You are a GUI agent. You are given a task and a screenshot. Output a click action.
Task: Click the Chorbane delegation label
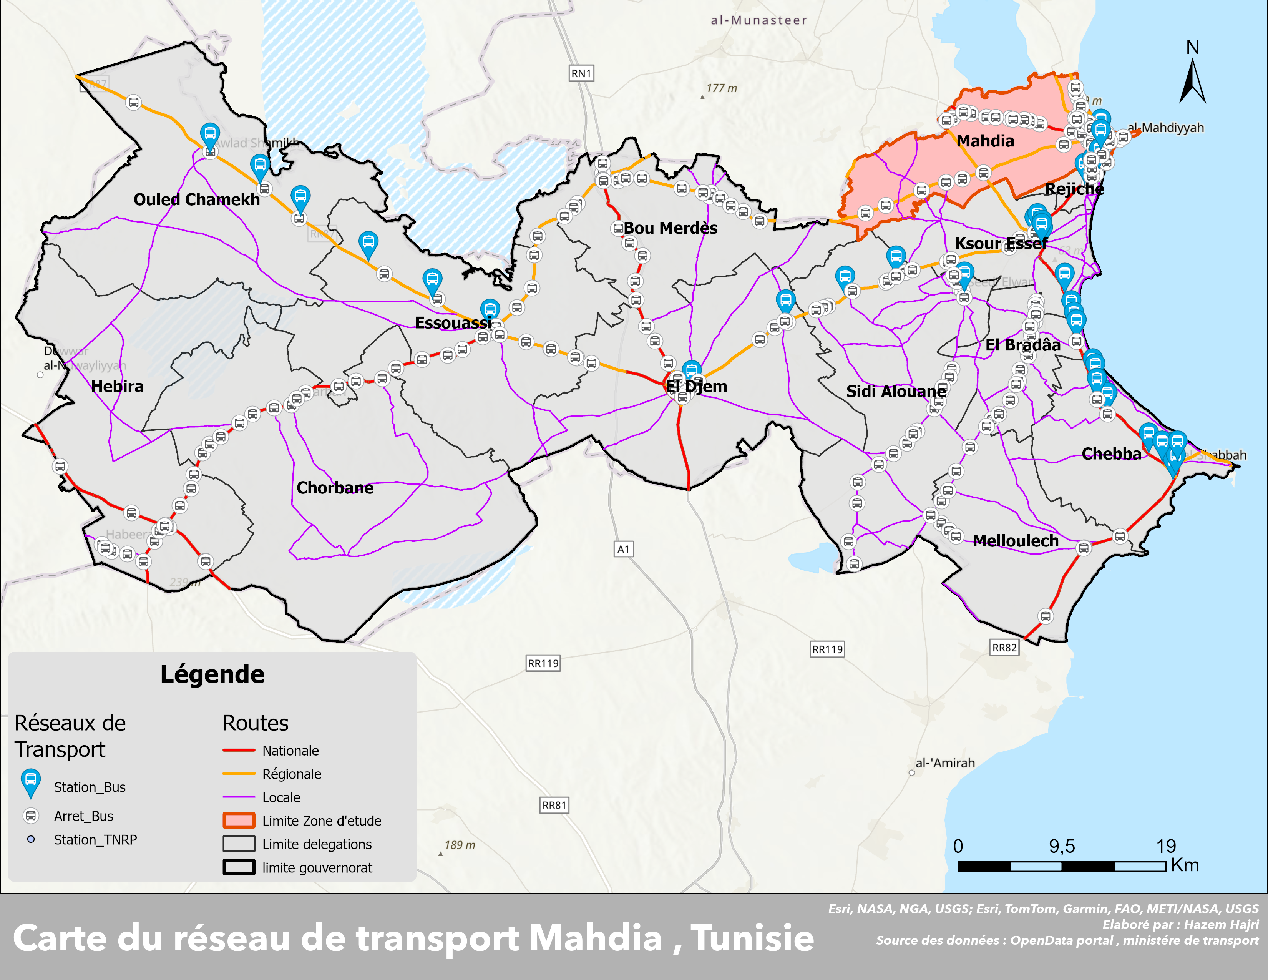[335, 488]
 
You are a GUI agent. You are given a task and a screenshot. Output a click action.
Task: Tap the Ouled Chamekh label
[196, 200]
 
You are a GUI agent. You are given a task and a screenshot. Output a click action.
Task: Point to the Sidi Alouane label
[896, 391]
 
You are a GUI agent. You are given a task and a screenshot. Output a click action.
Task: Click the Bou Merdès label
[671, 228]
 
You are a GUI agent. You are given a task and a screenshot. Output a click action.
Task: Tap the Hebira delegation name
[117, 387]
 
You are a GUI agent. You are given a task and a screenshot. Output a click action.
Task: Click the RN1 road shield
[581, 74]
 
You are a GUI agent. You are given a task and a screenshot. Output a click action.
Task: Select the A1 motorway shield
[623, 549]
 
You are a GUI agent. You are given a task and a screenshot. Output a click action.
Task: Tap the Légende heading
[212, 674]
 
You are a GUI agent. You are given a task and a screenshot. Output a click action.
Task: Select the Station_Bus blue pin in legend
[31, 783]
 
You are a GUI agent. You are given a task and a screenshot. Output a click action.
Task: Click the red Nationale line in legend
[239, 751]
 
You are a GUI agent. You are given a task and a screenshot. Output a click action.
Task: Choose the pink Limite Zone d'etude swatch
[239, 821]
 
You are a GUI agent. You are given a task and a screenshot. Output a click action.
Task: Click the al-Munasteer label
[759, 20]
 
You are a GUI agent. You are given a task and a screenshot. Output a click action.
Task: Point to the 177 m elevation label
[721, 88]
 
